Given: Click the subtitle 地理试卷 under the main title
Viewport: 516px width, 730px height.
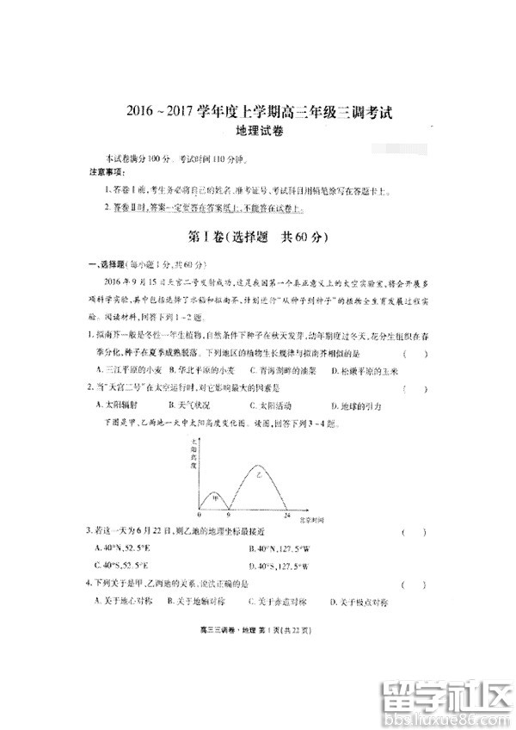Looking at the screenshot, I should pos(259,132).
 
